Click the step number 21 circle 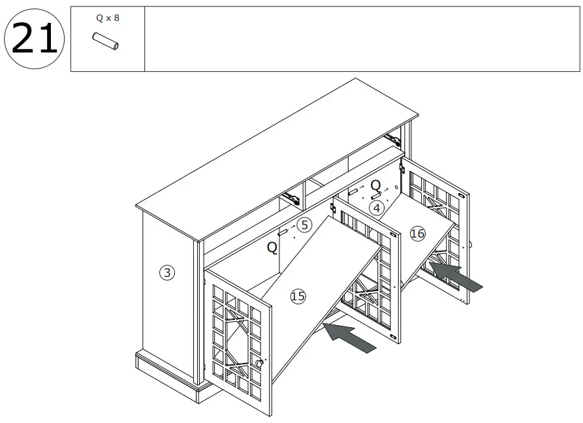point(33,40)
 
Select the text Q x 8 point(107,18)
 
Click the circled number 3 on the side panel point(167,273)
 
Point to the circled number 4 point(375,208)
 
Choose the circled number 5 point(304,225)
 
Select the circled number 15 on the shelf point(298,296)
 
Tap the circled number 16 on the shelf point(417,234)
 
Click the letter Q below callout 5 point(272,248)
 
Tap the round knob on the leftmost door point(261,362)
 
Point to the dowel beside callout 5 point(284,232)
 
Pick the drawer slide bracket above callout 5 point(291,198)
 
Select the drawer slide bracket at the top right point(392,138)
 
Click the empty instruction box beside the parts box point(362,39)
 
